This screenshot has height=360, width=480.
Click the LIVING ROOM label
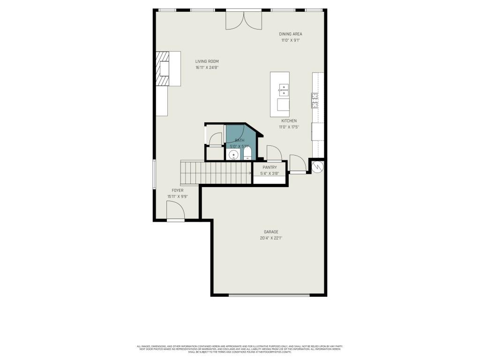pyautogui.click(x=207, y=61)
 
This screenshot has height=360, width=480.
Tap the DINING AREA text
pyautogui.click(x=290, y=34)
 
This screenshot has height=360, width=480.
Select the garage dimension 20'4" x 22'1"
pyautogui.click(x=271, y=238)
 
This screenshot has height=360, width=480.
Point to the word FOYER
pyautogui.click(x=177, y=190)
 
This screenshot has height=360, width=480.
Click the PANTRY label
pyautogui.click(x=270, y=167)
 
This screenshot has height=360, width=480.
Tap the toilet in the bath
pyautogui.click(x=247, y=153)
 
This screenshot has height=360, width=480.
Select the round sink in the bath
pyautogui.click(x=233, y=155)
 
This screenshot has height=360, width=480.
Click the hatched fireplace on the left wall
pyautogui.click(x=162, y=69)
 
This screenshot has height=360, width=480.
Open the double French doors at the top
pyautogui.click(x=242, y=19)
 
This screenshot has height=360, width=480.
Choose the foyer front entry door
pyautogui.click(x=175, y=210)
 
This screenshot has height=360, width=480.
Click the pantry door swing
pyautogui.click(x=274, y=153)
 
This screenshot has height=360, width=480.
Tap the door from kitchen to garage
pyautogui.click(x=298, y=164)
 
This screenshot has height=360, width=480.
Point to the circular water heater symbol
pyautogui.click(x=317, y=166)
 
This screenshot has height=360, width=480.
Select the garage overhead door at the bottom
pyautogui.click(x=269, y=295)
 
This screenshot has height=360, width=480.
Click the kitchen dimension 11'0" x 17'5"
pyautogui.click(x=289, y=124)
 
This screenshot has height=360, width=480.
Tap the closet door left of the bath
pyautogui.click(x=216, y=139)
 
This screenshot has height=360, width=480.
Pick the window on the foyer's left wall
pyautogui.click(x=154, y=175)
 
